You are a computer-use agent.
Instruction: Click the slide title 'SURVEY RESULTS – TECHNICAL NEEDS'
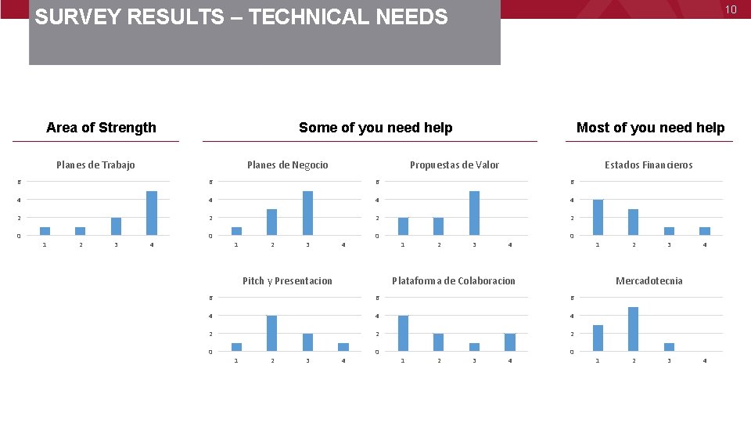coord(242,17)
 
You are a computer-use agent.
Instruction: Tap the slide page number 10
coord(731,9)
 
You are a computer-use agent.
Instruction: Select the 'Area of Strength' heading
coord(101,128)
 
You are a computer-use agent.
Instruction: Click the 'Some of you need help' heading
coord(375,128)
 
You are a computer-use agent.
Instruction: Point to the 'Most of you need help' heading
coord(650,128)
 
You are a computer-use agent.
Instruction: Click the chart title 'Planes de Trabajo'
coord(95,164)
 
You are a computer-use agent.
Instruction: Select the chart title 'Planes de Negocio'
coord(287,164)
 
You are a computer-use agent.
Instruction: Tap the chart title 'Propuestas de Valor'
coord(455,164)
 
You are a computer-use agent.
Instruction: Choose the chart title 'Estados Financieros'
coord(649,164)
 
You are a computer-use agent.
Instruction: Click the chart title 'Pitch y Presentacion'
coord(287,280)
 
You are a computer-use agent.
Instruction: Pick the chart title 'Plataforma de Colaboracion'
coord(454,280)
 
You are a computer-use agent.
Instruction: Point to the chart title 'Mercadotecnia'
coord(649,280)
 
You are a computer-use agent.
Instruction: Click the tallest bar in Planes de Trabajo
coord(152,213)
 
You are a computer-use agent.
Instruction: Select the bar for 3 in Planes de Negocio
coord(307,213)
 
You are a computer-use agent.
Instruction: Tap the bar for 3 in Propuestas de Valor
coord(474,213)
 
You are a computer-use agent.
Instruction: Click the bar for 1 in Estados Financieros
coord(598,217)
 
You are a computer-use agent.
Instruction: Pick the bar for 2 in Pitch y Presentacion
coord(271,333)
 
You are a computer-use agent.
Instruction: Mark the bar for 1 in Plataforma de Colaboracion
coord(403,333)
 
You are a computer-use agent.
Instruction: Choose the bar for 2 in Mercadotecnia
coord(633,329)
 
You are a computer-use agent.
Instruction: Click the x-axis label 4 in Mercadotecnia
coord(705,360)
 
